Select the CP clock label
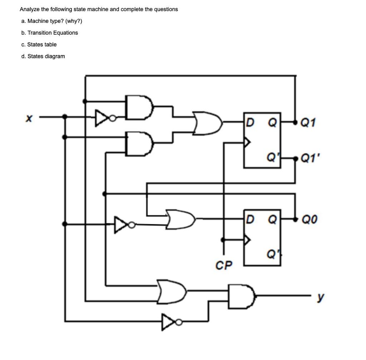click(x=224, y=265)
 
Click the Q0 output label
click(x=310, y=218)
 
